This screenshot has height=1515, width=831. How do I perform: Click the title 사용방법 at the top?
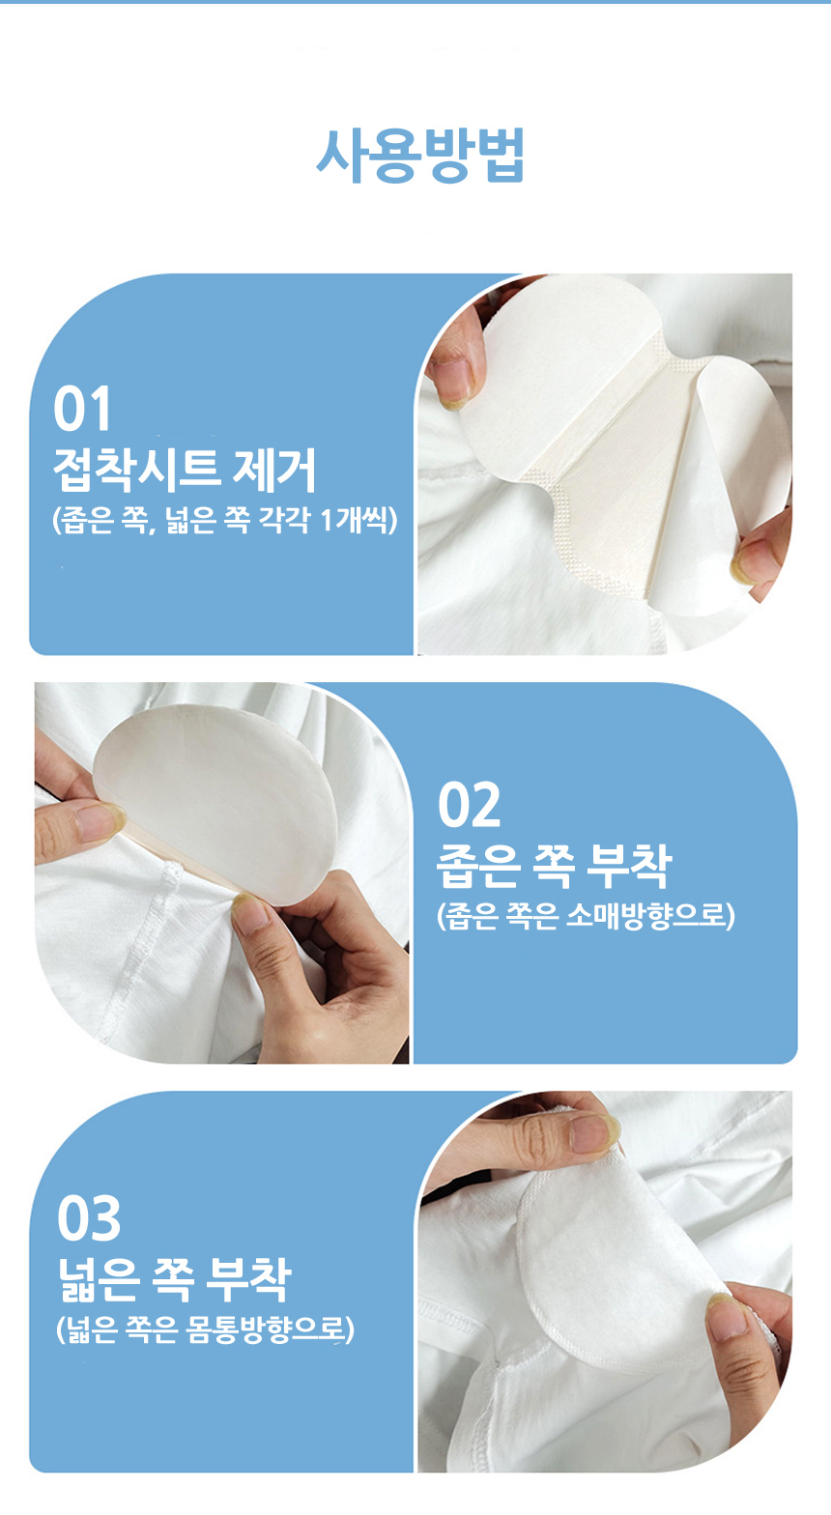(x=420, y=155)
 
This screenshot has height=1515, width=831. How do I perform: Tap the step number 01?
(x=82, y=409)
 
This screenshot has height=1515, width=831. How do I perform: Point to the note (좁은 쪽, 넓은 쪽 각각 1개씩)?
(x=224, y=522)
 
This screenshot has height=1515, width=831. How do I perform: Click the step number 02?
(x=469, y=805)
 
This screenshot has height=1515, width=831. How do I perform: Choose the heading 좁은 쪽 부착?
(x=553, y=865)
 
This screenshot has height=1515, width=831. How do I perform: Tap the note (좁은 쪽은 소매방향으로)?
(x=586, y=915)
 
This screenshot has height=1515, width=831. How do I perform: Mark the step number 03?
(x=89, y=1219)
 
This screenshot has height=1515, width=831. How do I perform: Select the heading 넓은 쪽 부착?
(x=173, y=1278)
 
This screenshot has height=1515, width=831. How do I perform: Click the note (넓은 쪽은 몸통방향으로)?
(x=205, y=1330)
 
